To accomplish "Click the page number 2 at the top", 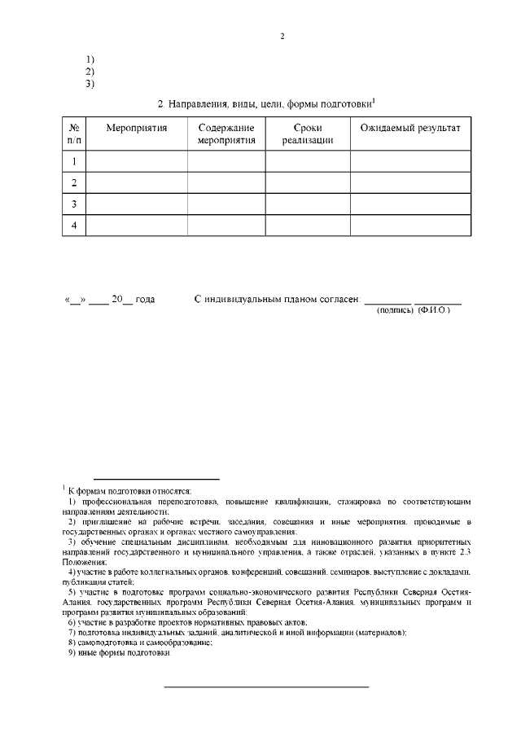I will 282,37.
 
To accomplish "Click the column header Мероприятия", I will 136,129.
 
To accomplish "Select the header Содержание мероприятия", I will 226,134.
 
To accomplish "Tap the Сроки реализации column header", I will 307,134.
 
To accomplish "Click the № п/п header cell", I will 74,134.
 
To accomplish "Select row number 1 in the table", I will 74,161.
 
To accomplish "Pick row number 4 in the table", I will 74,225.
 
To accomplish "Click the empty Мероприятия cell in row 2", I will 136,182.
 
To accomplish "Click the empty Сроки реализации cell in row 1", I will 307,161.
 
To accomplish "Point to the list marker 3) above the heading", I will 90,83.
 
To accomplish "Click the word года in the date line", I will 144,300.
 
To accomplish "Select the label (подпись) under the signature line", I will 395,310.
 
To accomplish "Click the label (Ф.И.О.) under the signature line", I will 434,310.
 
